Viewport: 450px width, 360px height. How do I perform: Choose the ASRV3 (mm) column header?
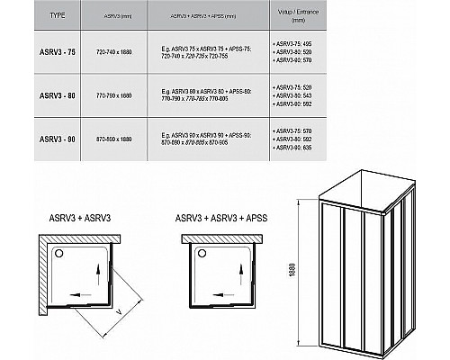pyautogui.click(x=122, y=16)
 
